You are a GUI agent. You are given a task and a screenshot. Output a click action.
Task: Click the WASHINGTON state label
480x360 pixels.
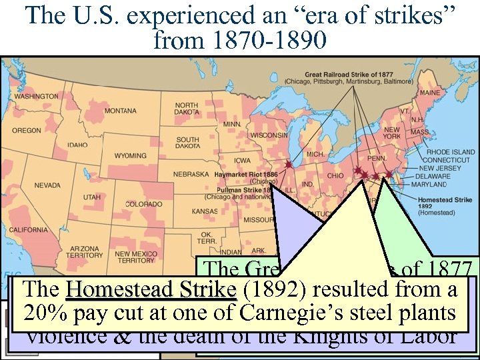37,97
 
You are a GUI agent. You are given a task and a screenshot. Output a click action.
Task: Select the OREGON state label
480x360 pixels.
27,131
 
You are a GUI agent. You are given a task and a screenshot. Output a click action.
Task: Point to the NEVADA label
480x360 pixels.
47,185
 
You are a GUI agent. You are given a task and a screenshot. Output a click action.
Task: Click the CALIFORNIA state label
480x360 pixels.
28,230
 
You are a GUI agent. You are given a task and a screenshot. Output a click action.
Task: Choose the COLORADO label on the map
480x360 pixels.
143,204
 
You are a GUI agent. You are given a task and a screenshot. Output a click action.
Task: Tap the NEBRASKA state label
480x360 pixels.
192,174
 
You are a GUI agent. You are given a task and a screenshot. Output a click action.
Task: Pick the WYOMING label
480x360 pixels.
130,156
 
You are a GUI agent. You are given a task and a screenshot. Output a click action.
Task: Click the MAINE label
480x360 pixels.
429,92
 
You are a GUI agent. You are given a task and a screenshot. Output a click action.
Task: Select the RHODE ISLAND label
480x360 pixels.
451,152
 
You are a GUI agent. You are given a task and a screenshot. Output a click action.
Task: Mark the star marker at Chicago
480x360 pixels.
288,164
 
